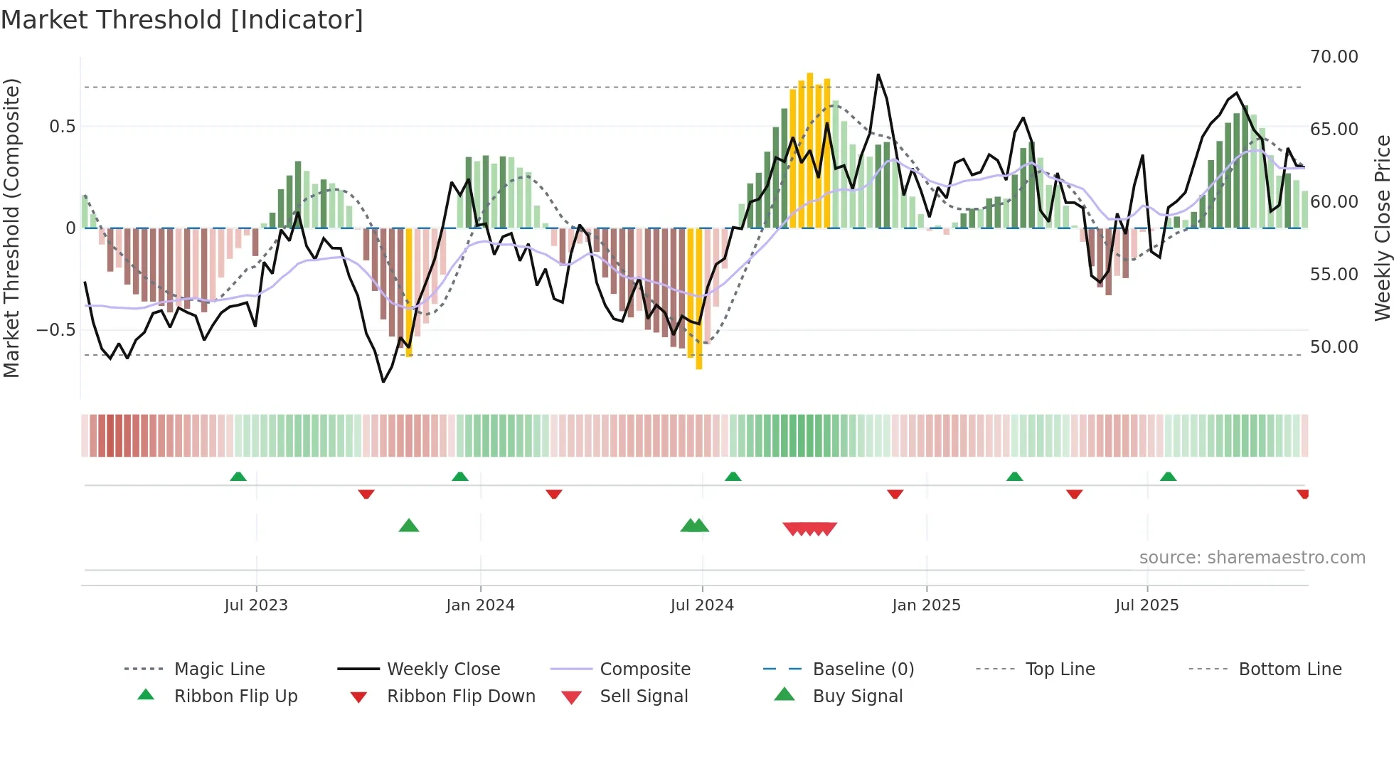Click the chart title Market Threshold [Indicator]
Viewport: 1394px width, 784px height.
[x=182, y=20]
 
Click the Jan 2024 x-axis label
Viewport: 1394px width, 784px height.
[x=480, y=605]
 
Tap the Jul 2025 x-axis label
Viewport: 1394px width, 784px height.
[x=1146, y=605]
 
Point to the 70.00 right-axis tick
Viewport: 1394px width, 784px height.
[x=1334, y=57]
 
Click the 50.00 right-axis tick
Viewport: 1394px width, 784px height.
[x=1334, y=347]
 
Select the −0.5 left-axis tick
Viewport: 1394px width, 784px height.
[x=55, y=330]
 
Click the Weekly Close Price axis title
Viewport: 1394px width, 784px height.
[x=1382, y=228]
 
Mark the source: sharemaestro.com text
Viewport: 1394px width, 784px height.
[x=1252, y=558]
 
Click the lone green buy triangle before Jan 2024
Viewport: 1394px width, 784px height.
[x=409, y=526]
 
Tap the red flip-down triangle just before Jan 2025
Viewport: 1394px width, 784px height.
[x=895, y=494]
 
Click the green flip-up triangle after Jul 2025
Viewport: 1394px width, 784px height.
[x=1168, y=477]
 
